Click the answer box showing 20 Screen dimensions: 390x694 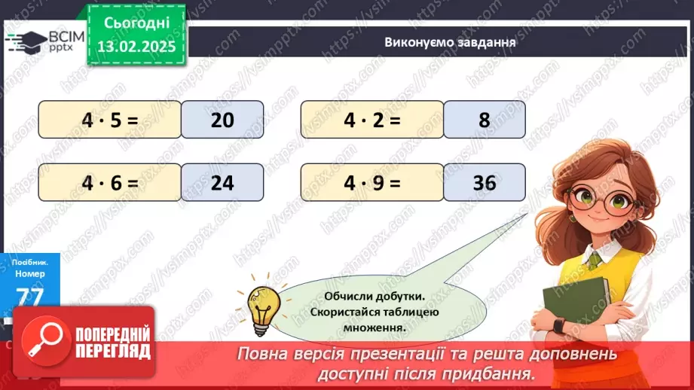click(x=222, y=120)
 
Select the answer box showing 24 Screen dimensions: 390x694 click(x=222, y=182)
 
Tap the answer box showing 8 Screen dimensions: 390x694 click(x=485, y=120)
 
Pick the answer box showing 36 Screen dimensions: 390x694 click(x=485, y=182)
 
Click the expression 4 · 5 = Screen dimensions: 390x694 click(x=110, y=120)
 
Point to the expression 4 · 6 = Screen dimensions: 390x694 click(x=110, y=182)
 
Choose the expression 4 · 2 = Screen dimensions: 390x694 click(x=372, y=120)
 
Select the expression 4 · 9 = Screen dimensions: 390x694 click(x=372, y=182)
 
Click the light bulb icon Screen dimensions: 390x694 click(x=263, y=308)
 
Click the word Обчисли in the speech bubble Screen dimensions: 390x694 click(x=350, y=296)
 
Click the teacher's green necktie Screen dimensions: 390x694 click(x=595, y=260)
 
